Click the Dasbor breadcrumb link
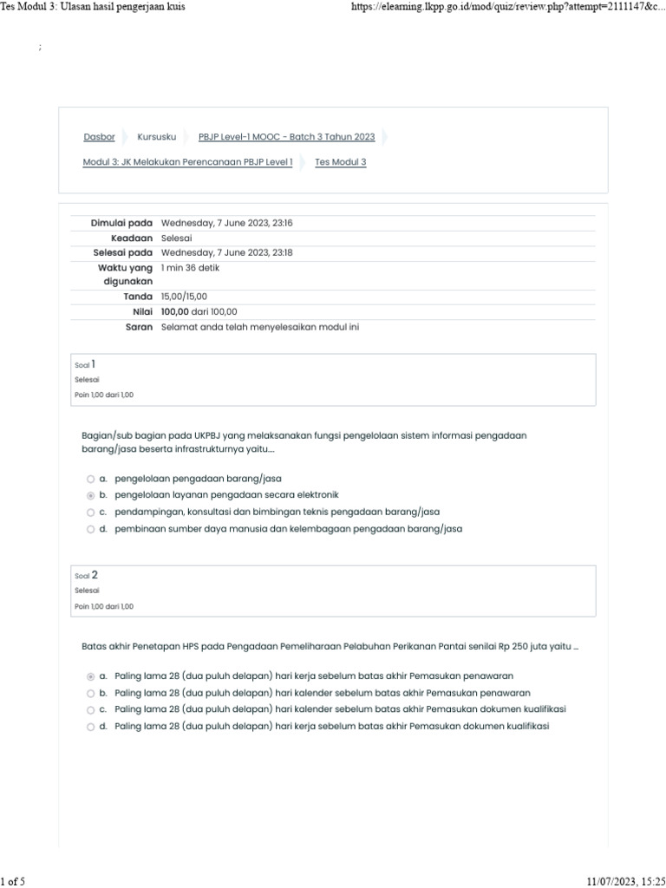pos(99,137)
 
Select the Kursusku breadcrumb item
pos(156,137)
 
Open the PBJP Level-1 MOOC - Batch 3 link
pos(286,137)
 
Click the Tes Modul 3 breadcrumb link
pos(340,162)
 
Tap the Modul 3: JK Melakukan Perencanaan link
pos(187,162)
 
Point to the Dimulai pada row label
pos(121,223)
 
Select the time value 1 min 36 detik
pos(190,268)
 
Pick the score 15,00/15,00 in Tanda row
pos(184,297)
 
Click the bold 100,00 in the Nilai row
pos(174,311)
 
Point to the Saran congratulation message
pos(259,327)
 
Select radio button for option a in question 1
pos(91,479)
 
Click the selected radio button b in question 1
pos(91,495)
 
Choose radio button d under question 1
pos(91,529)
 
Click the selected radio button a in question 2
pos(91,676)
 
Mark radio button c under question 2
pos(91,709)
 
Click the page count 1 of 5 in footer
pos(13,882)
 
